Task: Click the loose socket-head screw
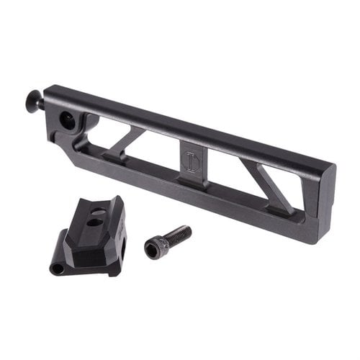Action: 168,242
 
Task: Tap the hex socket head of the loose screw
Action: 154,249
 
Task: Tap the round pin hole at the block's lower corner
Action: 57,269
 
